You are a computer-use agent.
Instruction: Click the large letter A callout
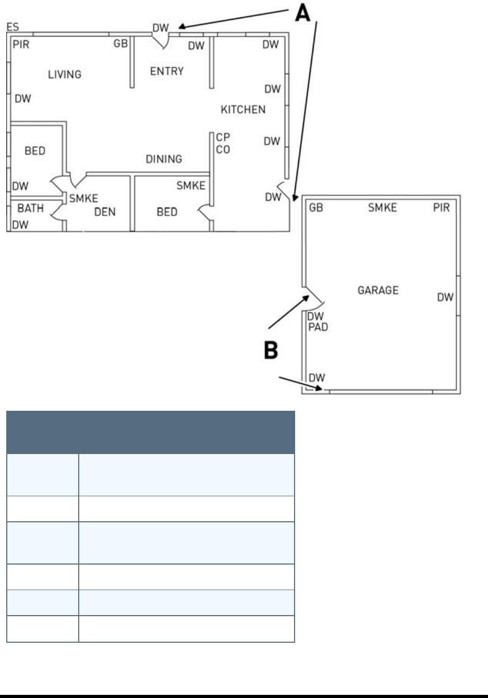coord(302,13)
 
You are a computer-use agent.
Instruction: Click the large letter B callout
coord(271,350)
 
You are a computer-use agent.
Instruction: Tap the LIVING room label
coord(65,75)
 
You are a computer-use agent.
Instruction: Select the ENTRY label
coord(167,71)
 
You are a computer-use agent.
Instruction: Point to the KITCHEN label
coord(243,109)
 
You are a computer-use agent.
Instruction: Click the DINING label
coord(164,159)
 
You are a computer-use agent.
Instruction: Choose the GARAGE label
coord(378,290)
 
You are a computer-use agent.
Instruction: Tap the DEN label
coord(105,212)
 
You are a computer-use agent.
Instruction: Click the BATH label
coord(31,209)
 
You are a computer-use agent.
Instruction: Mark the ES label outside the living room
coord(13,27)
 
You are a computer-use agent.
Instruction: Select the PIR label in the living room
coord(21,44)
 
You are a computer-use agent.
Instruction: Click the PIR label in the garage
coord(441,207)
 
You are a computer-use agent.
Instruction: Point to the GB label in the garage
coord(316,207)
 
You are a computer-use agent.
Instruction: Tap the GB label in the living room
coord(120,44)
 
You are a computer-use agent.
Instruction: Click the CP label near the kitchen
coord(223,137)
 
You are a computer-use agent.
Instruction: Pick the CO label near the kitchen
coord(223,150)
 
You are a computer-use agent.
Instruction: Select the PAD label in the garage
coord(318,327)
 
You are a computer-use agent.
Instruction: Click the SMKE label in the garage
coord(382,207)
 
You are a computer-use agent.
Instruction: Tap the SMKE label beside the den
coord(83,198)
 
